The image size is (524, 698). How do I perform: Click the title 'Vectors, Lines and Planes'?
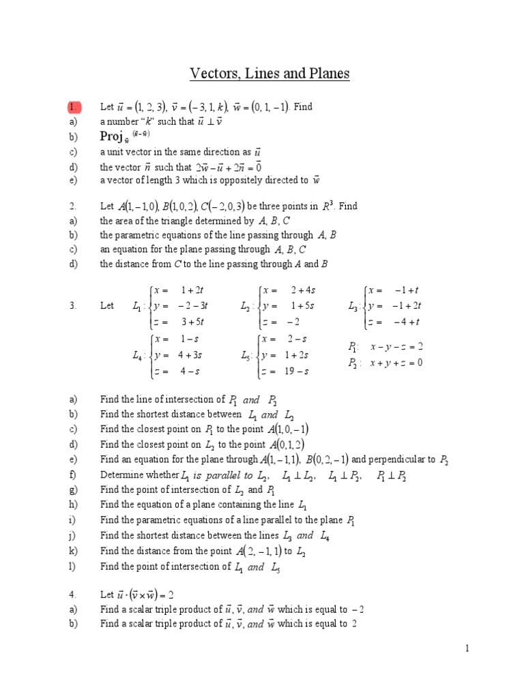tap(269, 74)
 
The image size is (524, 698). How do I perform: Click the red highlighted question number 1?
tap(74, 107)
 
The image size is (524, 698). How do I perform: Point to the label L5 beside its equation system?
tap(247, 355)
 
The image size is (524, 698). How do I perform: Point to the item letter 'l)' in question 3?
tap(72, 566)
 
